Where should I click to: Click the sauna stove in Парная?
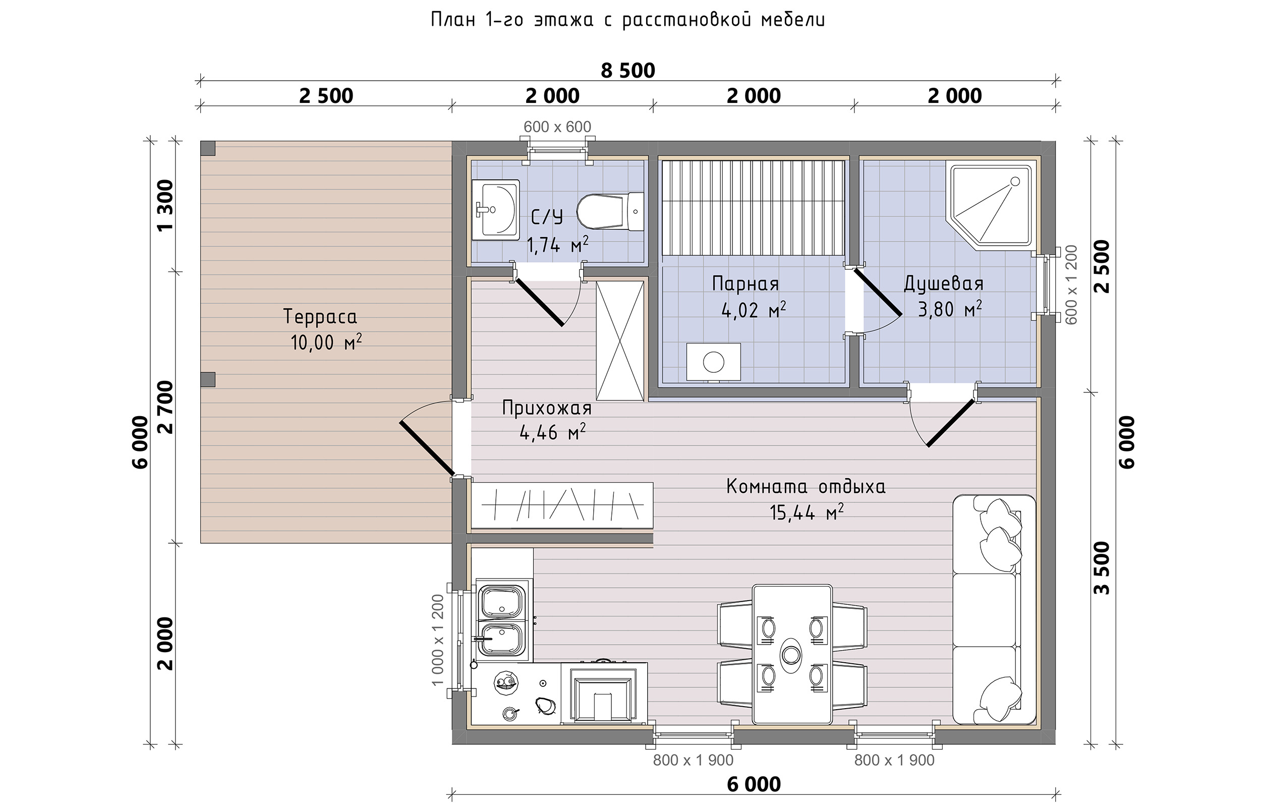[713, 362]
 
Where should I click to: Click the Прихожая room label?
[546, 408]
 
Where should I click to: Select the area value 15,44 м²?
[806, 512]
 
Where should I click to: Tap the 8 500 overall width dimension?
[627, 70]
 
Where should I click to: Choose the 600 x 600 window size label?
[557, 127]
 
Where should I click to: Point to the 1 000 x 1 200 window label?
[438, 640]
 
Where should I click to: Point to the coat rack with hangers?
[562, 505]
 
